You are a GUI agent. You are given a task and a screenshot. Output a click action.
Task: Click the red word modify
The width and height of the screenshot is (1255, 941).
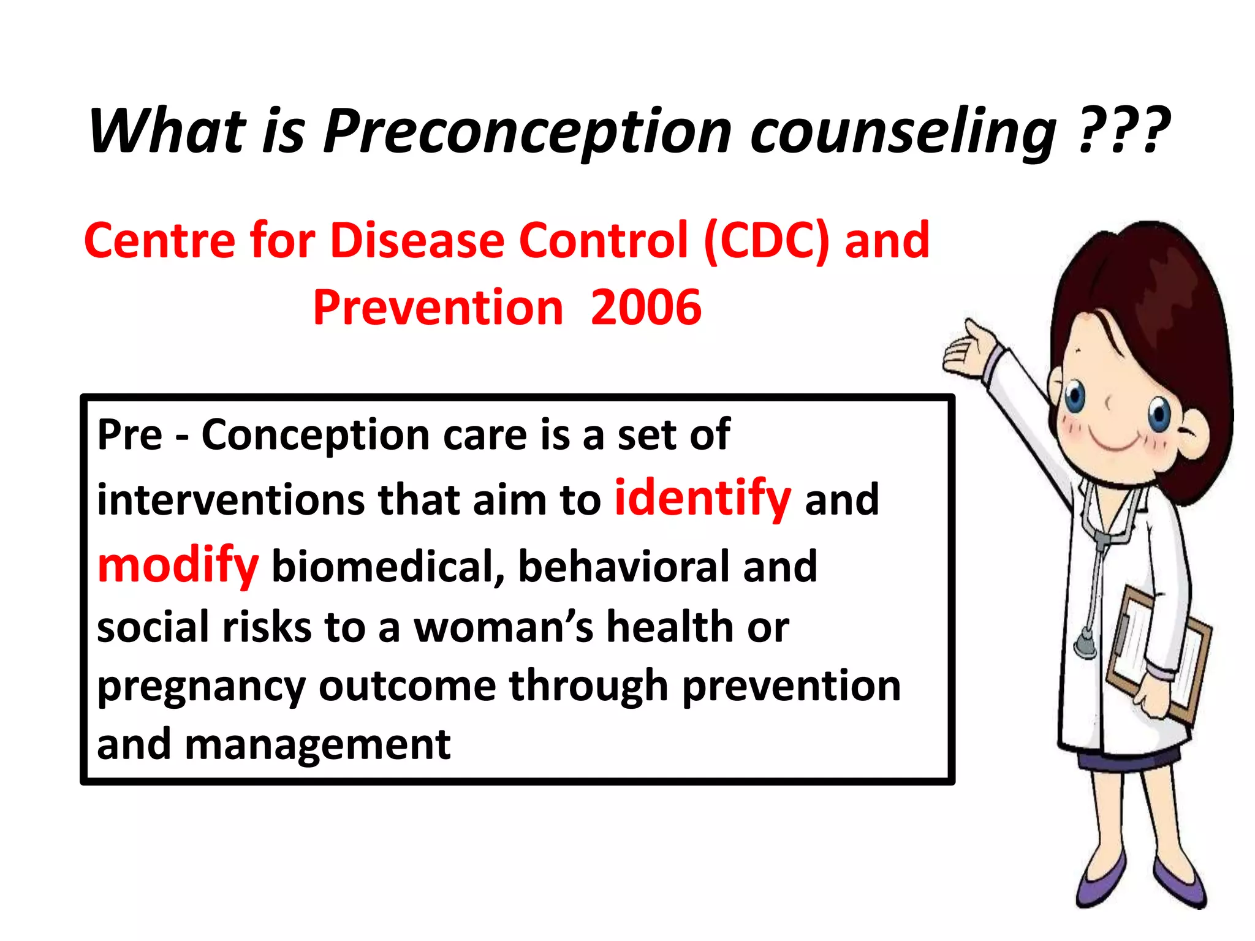pyautogui.click(x=178, y=565)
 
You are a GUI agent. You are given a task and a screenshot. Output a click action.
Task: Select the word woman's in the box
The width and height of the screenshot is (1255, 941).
pyautogui.click(x=504, y=627)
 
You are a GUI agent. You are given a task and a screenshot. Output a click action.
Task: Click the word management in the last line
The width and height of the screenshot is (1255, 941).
pyautogui.click(x=317, y=744)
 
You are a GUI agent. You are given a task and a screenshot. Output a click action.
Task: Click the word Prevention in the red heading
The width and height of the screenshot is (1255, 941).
pyautogui.click(x=438, y=308)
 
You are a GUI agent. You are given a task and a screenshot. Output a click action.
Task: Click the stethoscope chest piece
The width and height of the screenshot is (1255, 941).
pyautogui.click(x=1085, y=644)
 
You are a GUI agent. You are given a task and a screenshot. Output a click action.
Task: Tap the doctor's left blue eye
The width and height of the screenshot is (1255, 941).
pyautogui.click(x=1075, y=398)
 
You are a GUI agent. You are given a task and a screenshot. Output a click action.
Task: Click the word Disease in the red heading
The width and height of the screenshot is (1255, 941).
pyautogui.click(x=417, y=240)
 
